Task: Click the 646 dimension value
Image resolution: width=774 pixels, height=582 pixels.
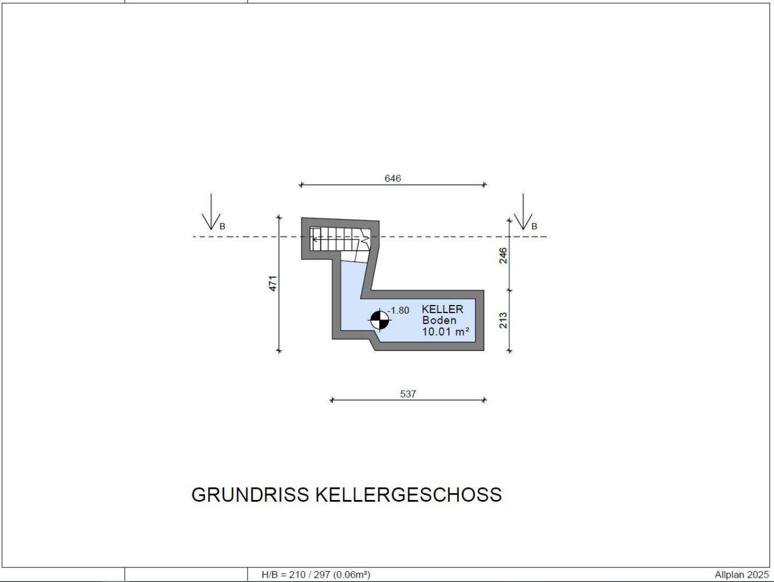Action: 393,178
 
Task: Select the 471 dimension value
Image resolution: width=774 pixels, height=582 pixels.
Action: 273,283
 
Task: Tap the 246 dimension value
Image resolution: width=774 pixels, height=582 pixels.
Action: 503,255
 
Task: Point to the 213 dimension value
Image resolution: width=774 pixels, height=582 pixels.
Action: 503,320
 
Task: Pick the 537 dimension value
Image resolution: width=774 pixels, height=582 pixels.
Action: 408,394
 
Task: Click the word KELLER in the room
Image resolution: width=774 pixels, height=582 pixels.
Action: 442,309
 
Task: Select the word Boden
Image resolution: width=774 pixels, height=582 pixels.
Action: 439,320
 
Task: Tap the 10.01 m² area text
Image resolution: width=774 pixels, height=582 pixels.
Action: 445,331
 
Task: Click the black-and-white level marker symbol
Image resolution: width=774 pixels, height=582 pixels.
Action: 380,321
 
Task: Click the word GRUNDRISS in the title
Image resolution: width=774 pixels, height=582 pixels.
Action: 250,495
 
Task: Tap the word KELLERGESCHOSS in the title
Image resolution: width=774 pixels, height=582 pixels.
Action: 408,495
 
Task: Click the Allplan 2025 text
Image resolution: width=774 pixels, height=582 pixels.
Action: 742,575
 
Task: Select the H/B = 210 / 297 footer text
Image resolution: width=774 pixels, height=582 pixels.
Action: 316,575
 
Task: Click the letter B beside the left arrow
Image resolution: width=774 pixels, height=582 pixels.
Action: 222,227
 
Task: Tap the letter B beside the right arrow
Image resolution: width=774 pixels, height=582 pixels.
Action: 534,227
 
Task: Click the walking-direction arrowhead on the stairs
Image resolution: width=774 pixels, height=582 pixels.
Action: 314,238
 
